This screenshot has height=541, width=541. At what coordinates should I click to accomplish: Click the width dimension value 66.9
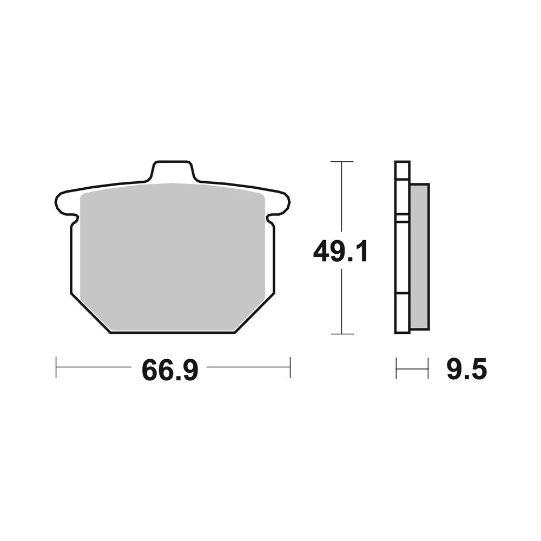click(170, 370)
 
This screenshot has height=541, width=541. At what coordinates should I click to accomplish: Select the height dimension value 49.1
click(341, 252)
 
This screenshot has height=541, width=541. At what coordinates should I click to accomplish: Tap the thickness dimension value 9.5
click(467, 370)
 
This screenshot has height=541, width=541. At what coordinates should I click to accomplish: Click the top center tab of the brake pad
click(172, 170)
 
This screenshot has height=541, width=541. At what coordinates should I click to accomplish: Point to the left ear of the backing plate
click(64, 203)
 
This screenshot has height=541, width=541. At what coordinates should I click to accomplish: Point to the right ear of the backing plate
click(281, 203)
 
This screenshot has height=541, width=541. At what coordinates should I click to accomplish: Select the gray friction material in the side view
click(419, 257)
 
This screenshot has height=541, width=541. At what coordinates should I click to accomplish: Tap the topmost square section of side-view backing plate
click(402, 170)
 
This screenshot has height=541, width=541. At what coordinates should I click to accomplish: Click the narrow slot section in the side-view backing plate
click(402, 218)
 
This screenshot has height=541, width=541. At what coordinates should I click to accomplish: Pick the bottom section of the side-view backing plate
click(402, 313)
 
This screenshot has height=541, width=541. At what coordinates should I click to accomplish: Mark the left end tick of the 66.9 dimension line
click(56, 367)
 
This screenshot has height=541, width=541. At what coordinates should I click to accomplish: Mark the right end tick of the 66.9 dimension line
click(291, 367)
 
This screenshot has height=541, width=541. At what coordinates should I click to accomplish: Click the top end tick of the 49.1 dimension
click(341, 162)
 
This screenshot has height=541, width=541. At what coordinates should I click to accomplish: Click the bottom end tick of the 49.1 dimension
click(341, 334)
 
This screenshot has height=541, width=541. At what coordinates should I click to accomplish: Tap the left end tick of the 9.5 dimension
click(397, 368)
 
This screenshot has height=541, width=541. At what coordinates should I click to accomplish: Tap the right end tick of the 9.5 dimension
click(428, 368)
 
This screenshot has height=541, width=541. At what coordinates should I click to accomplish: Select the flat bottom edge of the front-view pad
click(172, 332)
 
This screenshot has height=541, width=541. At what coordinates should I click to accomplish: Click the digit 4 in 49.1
click(323, 252)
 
